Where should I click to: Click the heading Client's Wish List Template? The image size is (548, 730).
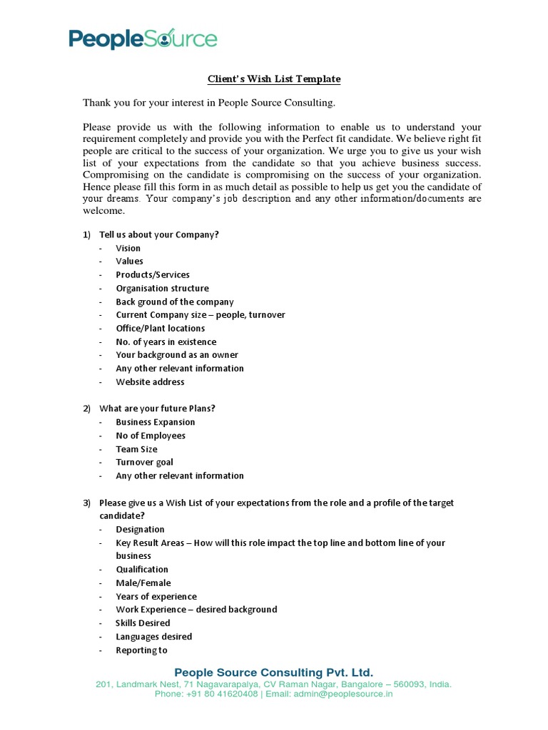(x=274, y=78)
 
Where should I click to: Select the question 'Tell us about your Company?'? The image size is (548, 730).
(x=158, y=235)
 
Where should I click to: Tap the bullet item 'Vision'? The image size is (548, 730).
(x=128, y=248)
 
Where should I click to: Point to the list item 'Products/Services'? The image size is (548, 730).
(x=153, y=274)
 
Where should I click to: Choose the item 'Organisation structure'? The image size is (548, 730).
(x=162, y=288)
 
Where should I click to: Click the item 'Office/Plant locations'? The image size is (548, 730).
(x=161, y=328)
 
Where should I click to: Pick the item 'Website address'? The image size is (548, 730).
(x=150, y=381)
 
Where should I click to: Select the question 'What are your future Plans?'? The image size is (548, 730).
(x=157, y=408)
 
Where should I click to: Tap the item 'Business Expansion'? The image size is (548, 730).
(x=155, y=422)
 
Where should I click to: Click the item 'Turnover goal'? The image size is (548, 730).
(x=144, y=462)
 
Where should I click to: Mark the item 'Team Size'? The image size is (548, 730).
(x=137, y=449)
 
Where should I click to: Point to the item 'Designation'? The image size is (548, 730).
(x=140, y=529)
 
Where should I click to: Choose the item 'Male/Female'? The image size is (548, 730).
(x=143, y=582)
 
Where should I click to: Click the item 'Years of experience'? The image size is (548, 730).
(x=156, y=596)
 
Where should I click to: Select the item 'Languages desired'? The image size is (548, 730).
(x=154, y=636)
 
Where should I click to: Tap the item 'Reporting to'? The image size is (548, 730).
(x=142, y=649)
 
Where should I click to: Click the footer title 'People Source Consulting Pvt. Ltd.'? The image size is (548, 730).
(x=274, y=672)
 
